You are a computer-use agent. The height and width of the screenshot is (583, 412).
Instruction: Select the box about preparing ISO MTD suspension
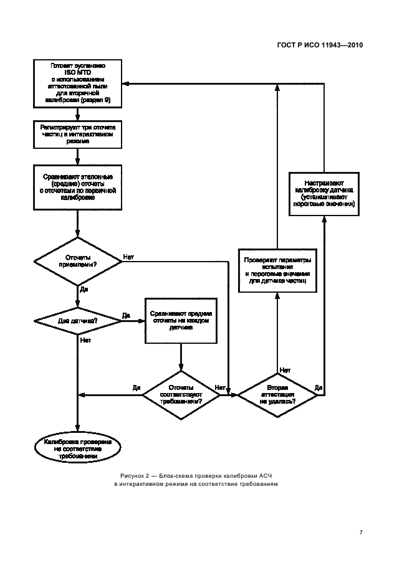tap(77, 82)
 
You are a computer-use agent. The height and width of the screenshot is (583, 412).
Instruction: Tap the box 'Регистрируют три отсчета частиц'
tap(77, 133)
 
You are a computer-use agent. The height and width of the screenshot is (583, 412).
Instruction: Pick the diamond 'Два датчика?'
tap(77, 321)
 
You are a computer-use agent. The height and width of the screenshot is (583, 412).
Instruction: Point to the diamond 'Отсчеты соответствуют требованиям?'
tap(180, 394)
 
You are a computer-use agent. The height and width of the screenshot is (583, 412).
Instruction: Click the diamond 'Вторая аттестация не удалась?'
tap(277, 394)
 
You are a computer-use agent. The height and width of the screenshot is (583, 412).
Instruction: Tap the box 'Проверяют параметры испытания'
tap(277, 269)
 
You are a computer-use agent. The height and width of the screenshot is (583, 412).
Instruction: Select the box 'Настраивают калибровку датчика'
tap(324, 192)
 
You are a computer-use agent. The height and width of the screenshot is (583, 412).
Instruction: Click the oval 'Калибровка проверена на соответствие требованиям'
tap(77, 448)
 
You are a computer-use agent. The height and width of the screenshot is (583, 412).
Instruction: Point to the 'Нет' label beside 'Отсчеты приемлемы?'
tap(128, 256)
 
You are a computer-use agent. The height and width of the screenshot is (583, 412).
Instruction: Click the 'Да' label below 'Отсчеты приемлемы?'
tap(84, 290)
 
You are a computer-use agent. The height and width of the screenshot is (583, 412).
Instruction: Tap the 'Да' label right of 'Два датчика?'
tap(126, 315)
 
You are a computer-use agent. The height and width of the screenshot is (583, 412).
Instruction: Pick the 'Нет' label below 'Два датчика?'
tap(86, 341)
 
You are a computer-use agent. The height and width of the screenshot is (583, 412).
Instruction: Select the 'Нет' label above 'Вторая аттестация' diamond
tap(284, 369)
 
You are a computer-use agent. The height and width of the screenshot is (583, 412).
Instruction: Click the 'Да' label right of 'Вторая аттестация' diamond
tap(319, 387)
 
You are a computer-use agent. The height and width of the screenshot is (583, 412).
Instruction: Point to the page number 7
tap(361, 532)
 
